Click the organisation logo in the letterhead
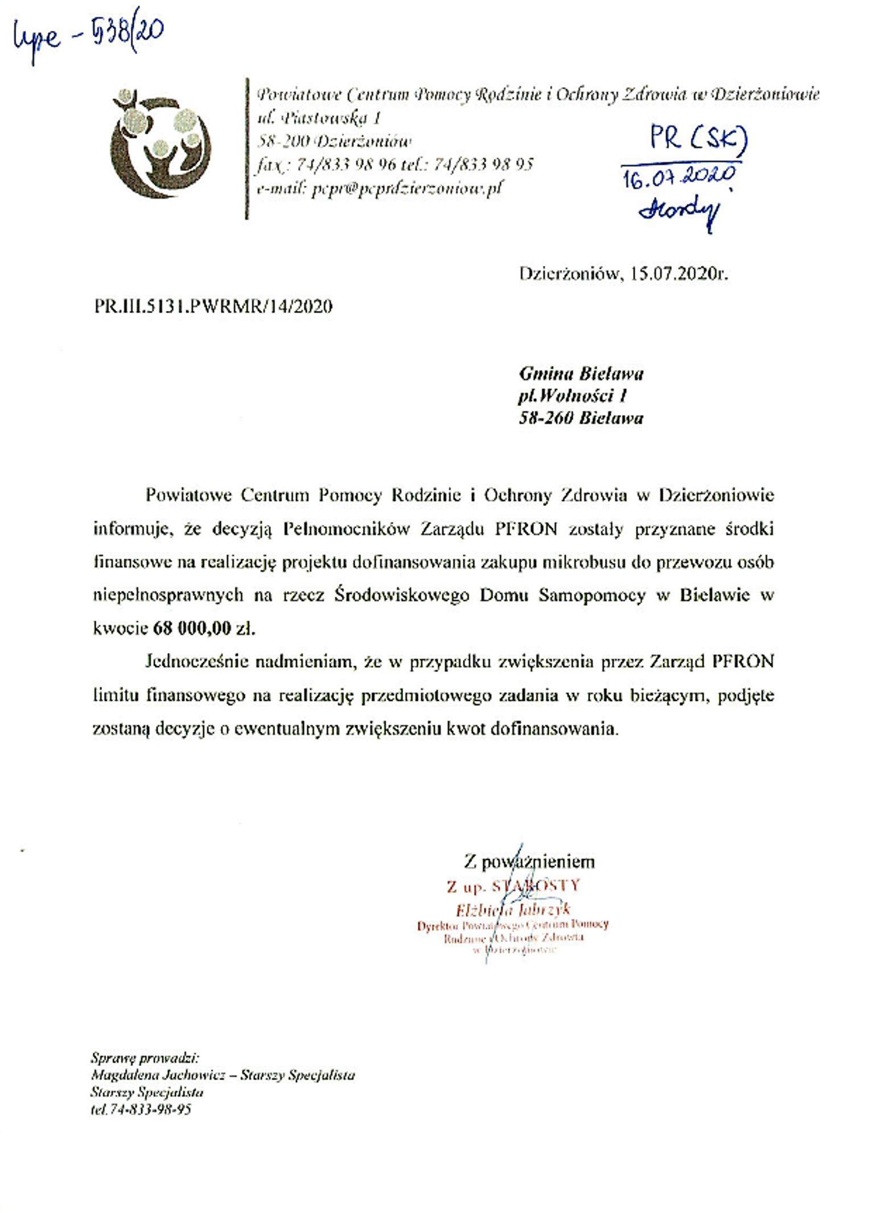161,143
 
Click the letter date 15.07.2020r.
679,274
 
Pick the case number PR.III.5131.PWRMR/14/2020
213,307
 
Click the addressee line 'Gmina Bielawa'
581,374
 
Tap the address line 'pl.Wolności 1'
573,396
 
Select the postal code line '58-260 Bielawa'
581,418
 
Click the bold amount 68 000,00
192,629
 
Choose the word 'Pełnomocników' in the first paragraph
346,530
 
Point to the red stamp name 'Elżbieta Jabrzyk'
513,909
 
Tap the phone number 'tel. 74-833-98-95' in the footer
141,1110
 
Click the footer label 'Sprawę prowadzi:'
145,1058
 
